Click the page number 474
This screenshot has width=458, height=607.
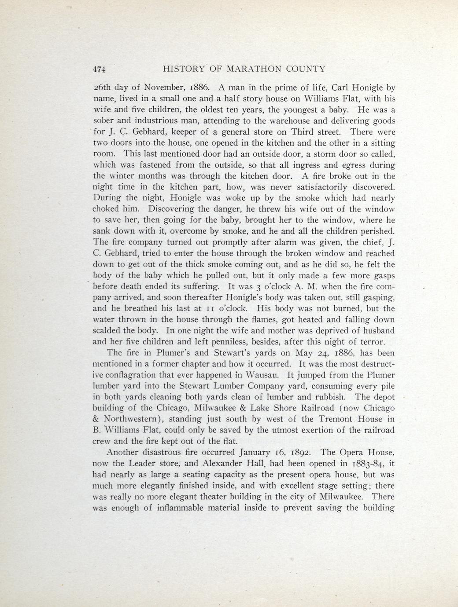pos(100,69)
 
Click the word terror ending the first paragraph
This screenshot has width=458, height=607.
pos(372,342)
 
